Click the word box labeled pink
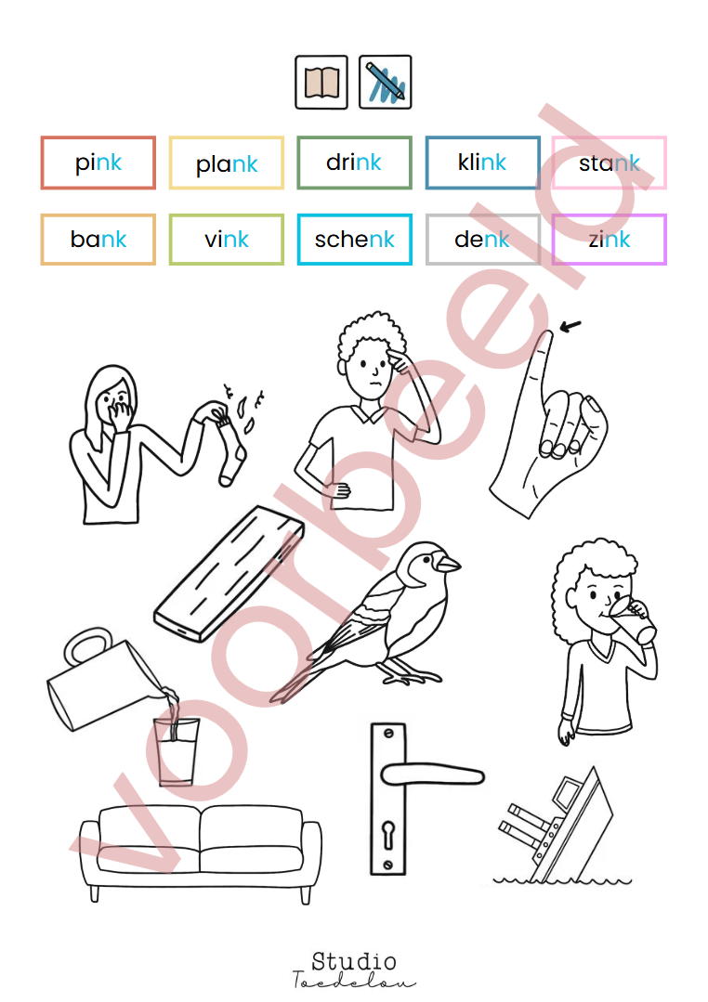(x=98, y=163)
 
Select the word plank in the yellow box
(x=227, y=163)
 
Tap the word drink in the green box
(x=354, y=163)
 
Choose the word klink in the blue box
(x=481, y=163)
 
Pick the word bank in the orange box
(x=98, y=239)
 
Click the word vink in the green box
(x=227, y=239)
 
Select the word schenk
(x=354, y=239)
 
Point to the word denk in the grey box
(x=481, y=239)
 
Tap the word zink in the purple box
(x=610, y=239)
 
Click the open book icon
(x=321, y=83)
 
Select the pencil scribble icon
(x=385, y=83)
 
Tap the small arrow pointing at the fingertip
(x=570, y=327)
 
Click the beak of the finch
(x=449, y=564)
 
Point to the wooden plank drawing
(x=229, y=573)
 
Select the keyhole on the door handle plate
(x=389, y=835)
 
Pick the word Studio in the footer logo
(x=354, y=960)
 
